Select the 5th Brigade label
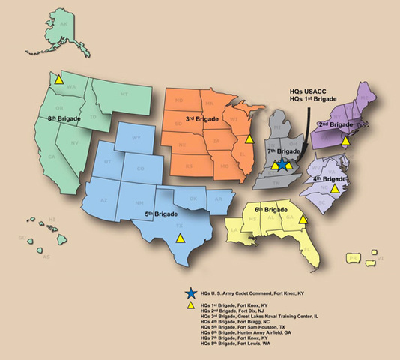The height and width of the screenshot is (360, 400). tap(160, 214)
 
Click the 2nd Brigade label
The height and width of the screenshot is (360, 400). tap(336, 124)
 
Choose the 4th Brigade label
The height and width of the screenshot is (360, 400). tap(330, 180)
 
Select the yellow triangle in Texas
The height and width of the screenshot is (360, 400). tap(179, 238)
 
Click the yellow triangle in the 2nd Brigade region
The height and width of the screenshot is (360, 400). tap(345, 139)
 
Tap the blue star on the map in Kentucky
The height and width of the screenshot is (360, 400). tap(279, 165)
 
